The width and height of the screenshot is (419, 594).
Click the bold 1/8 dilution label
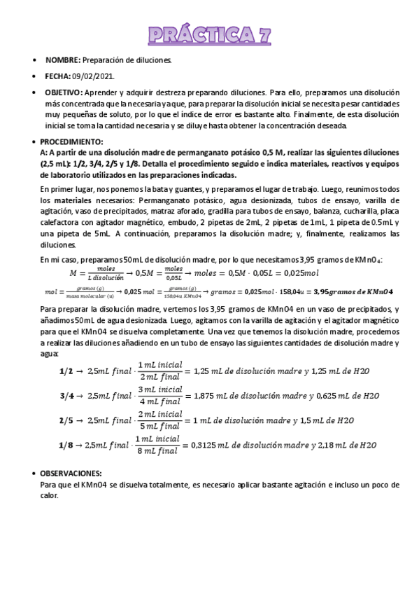point(64,444)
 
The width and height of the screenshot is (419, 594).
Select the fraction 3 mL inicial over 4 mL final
point(159,395)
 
